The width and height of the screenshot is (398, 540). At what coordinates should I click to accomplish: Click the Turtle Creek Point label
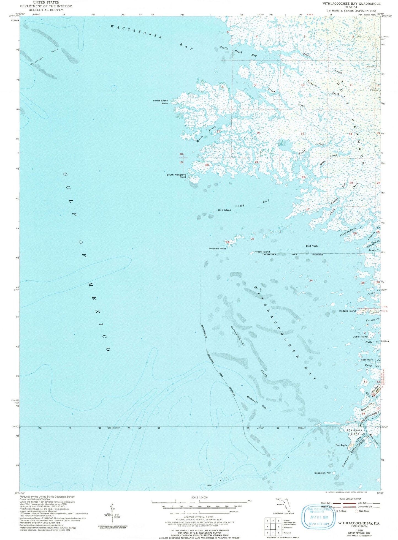coord(160,102)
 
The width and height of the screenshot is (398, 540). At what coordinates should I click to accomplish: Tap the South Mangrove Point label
coord(176,176)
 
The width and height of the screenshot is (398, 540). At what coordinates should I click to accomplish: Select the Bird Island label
coord(224,210)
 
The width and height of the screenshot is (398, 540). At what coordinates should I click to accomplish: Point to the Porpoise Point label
coord(217,249)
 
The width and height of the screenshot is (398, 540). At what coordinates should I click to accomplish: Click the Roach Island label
coord(262,252)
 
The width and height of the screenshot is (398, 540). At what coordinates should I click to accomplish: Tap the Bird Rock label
coord(312,246)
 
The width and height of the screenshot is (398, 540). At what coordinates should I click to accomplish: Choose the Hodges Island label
coord(347,311)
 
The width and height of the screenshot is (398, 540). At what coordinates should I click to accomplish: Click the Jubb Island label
coord(360,337)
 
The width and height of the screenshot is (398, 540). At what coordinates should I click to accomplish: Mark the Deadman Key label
coord(322,473)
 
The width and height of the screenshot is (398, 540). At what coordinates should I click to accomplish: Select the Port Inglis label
coord(341,445)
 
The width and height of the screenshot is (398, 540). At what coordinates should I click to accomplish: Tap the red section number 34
coord(311,280)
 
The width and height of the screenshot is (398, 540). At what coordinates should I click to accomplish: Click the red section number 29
coord(228,242)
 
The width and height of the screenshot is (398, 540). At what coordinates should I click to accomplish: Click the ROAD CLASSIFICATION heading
coord(350,499)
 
